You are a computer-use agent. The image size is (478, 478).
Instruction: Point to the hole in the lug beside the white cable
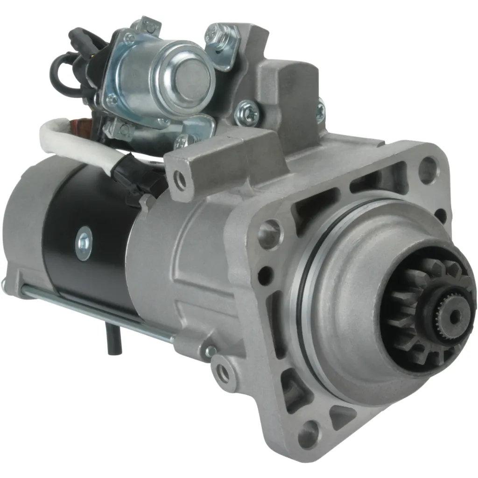coord(178,178)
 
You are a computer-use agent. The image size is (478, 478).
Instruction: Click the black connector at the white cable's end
coord(140,180)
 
